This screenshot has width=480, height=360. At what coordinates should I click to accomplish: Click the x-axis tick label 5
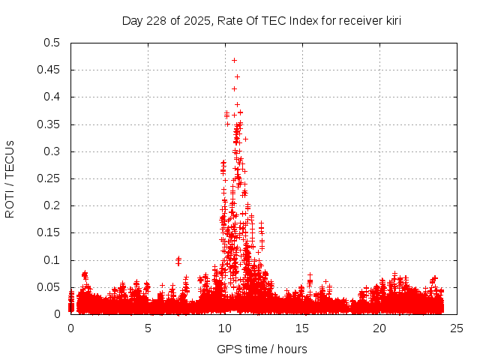click(x=148, y=328)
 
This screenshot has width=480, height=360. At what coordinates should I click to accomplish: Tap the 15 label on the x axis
click(x=302, y=328)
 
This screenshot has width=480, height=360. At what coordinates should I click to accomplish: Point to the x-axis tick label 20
click(x=379, y=328)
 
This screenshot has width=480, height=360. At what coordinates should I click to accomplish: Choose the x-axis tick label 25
click(x=457, y=328)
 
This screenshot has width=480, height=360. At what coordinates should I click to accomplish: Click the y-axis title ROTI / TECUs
click(x=10, y=178)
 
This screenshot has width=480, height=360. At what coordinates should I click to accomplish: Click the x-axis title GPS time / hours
click(x=262, y=349)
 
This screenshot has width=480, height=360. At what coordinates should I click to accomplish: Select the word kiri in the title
click(x=391, y=21)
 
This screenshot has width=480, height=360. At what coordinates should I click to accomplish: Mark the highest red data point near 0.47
click(x=234, y=60)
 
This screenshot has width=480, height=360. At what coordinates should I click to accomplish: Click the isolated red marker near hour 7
click(x=178, y=260)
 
